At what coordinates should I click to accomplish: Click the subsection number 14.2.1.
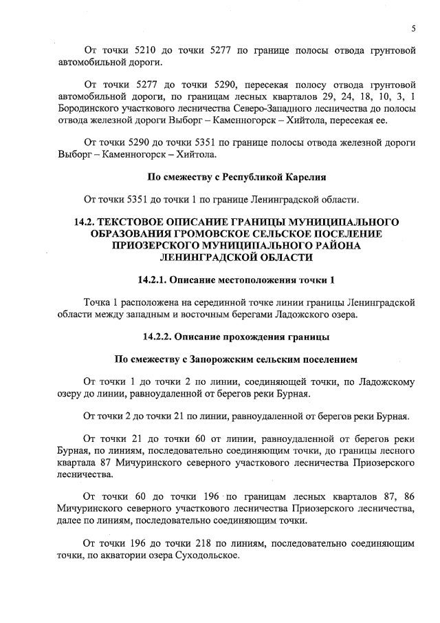151,280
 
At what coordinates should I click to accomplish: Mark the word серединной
214,303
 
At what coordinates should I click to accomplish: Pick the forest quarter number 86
404,496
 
